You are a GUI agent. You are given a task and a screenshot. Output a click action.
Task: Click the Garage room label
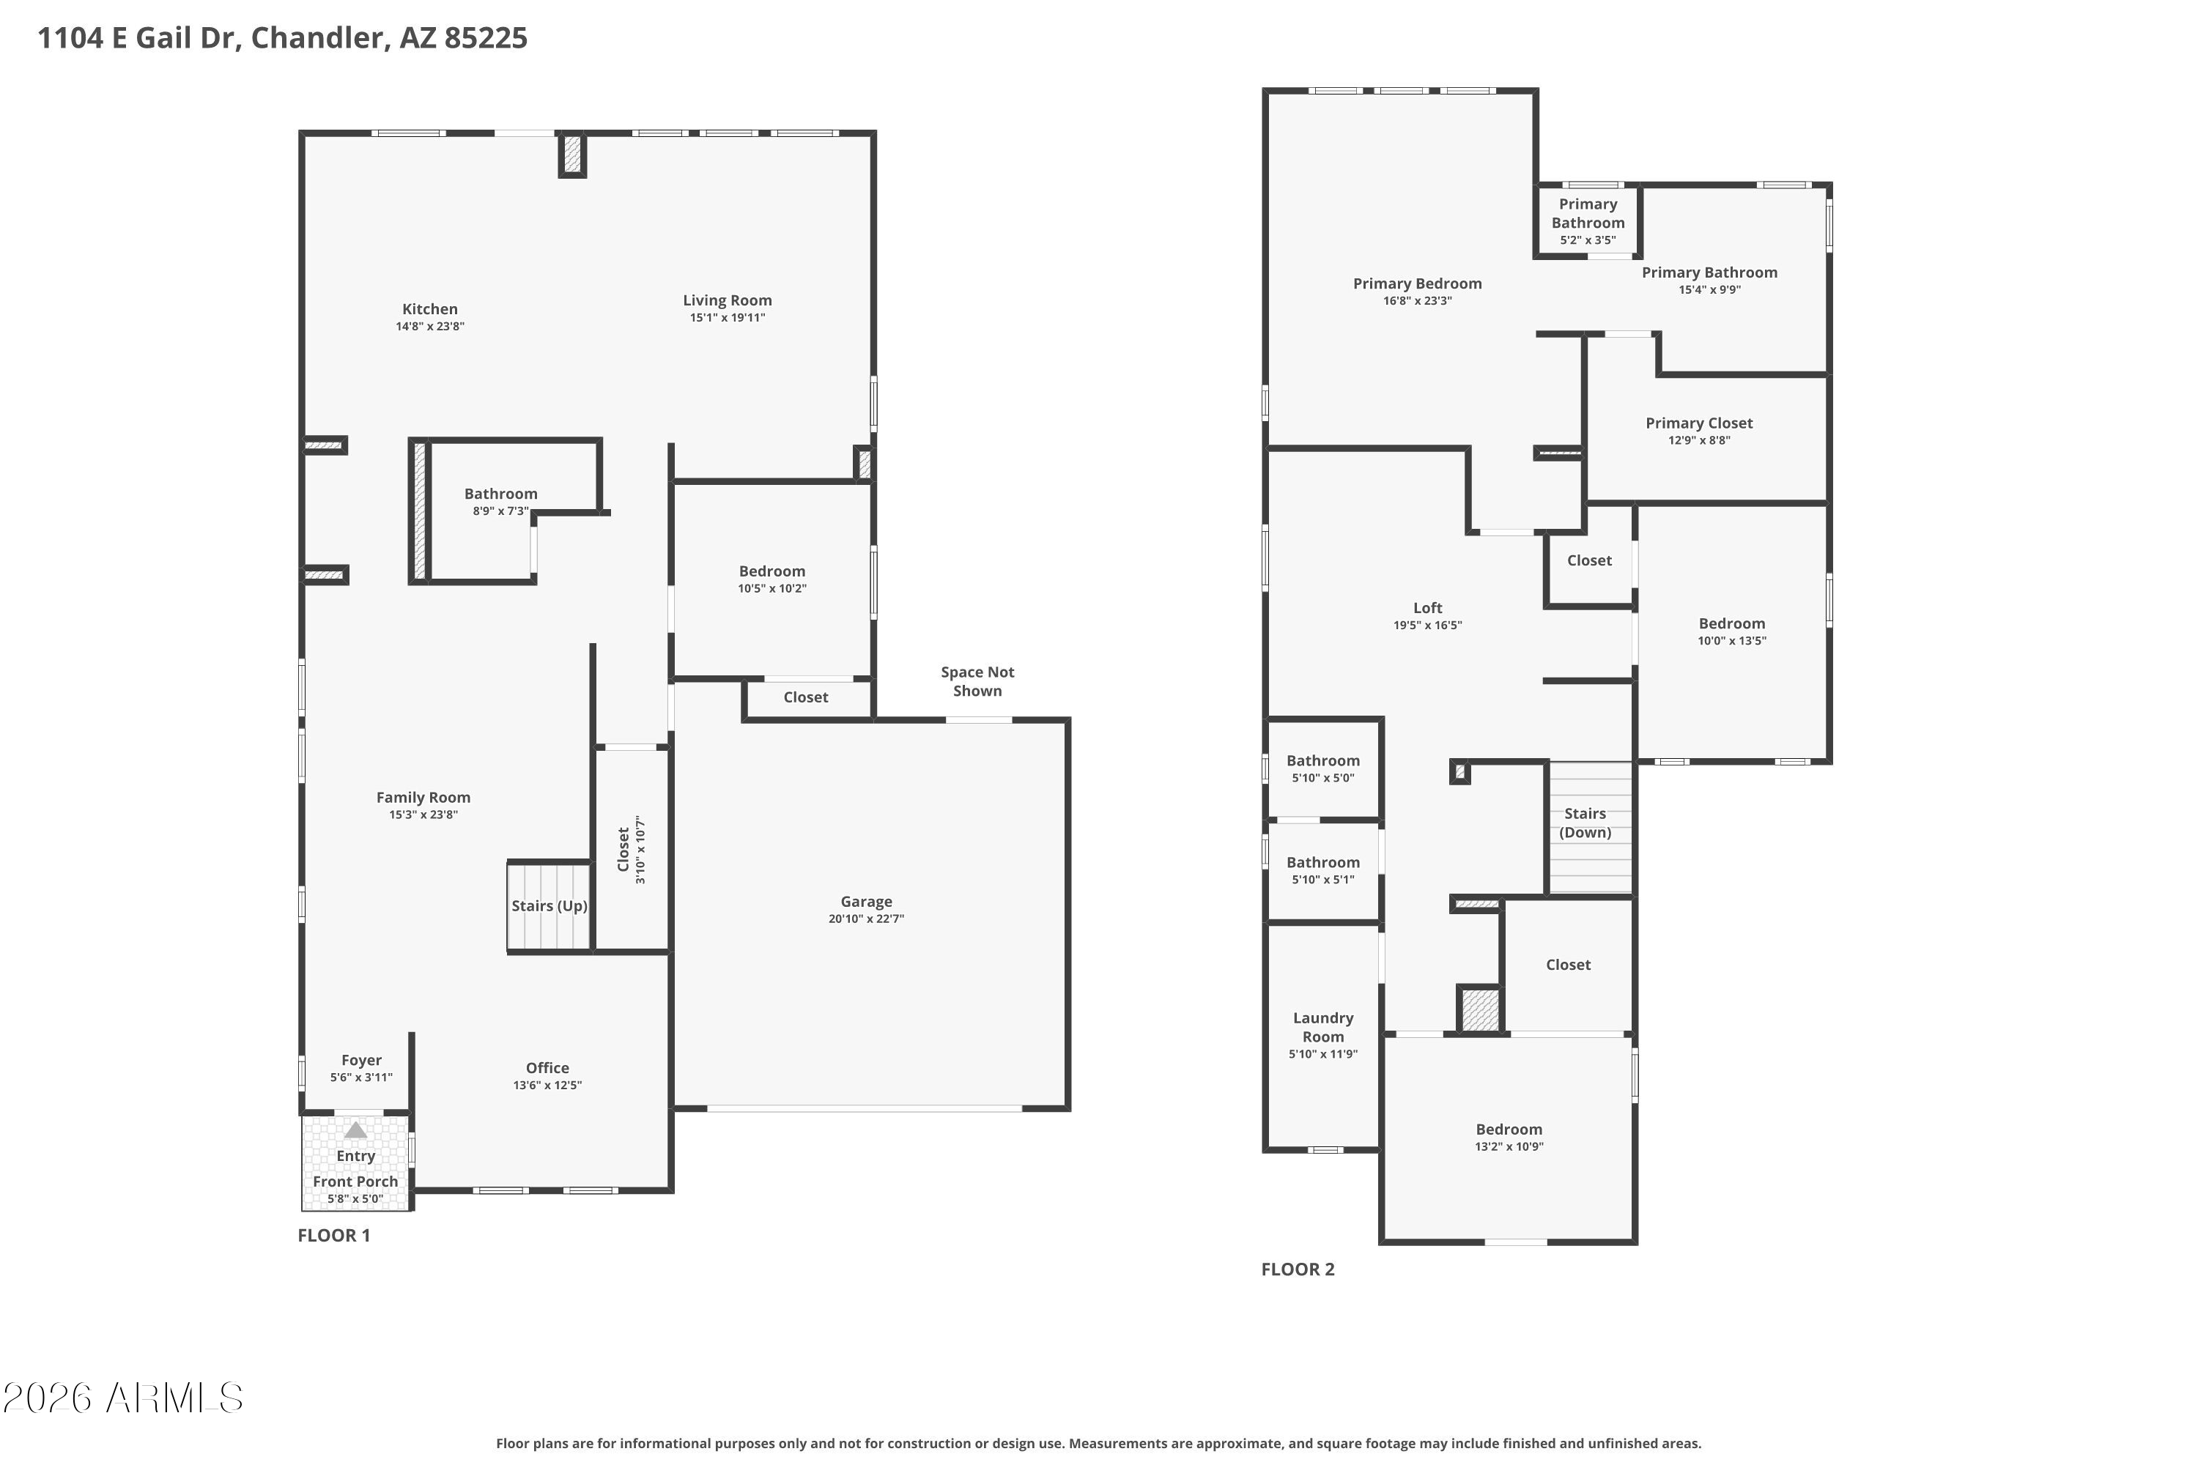point(866,902)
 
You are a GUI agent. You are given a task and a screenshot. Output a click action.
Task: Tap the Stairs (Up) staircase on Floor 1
point(549,906)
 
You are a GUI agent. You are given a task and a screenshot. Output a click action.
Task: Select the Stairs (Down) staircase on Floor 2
point(1591,828)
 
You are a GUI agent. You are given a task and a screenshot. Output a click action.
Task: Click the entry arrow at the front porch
point(355,1130)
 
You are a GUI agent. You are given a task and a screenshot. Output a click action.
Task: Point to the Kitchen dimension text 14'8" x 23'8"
point(430,326)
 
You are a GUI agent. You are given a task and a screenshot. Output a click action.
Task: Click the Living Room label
point(727,300)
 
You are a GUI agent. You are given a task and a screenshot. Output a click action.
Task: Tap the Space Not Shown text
point(977,681)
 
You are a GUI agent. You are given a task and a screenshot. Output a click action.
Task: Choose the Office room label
point(547,1068)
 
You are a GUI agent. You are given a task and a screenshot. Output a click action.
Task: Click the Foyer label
point(362,1061)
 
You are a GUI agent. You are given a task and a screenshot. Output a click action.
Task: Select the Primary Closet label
point(1699,423)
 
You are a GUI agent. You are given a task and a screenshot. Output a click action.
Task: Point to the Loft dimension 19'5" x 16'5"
point(1428,625)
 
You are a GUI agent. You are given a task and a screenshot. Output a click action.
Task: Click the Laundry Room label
point(1323,1027)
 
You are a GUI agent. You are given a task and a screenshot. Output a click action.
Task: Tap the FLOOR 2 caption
point(1298,1269)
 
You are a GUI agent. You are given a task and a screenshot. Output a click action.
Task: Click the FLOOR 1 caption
point(333,1235)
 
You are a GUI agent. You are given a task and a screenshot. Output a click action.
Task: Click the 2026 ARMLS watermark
point(122,1398)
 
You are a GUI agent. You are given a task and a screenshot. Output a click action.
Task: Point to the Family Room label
point(423,797)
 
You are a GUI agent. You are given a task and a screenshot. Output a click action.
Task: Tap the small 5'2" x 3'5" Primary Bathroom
point(1588,221)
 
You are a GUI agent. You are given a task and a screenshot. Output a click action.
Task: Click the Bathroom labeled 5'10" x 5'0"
point(1323,768)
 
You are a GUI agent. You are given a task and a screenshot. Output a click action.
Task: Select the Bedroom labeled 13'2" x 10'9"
point(1509,1137)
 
